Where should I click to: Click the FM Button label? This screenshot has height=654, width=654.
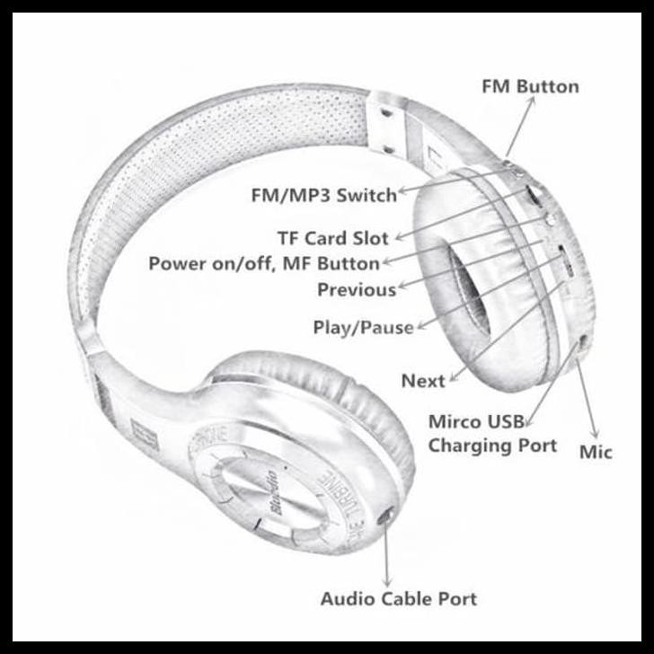(x=530, y=87)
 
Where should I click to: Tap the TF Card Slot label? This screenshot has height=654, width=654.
(x=332, y=238)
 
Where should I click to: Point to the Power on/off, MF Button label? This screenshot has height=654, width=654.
(x=263, y=264)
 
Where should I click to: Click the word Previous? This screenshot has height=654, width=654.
(x=357, y=290)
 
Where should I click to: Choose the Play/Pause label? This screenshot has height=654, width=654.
(x=363, y=328)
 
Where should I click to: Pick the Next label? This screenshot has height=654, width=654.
(x=423, y=381)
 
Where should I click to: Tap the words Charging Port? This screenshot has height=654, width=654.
(x=491, y=445)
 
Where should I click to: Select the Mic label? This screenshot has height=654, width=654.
(x=595, y=451)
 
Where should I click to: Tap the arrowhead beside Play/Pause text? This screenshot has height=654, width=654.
(x=419, y=325)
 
